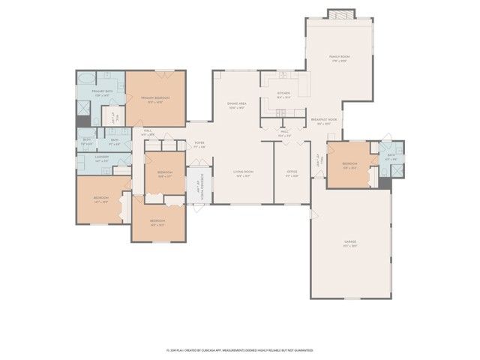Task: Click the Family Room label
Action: point(340,57)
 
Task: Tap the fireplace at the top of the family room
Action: point(340,13)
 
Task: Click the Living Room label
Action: point(244,172)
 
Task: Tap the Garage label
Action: point(350,242)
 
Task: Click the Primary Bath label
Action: point(102,93)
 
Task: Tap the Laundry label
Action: point(103,158)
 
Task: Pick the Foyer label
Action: point(199,144)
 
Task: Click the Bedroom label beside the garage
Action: point(350,164)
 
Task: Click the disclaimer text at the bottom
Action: point(239,350)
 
